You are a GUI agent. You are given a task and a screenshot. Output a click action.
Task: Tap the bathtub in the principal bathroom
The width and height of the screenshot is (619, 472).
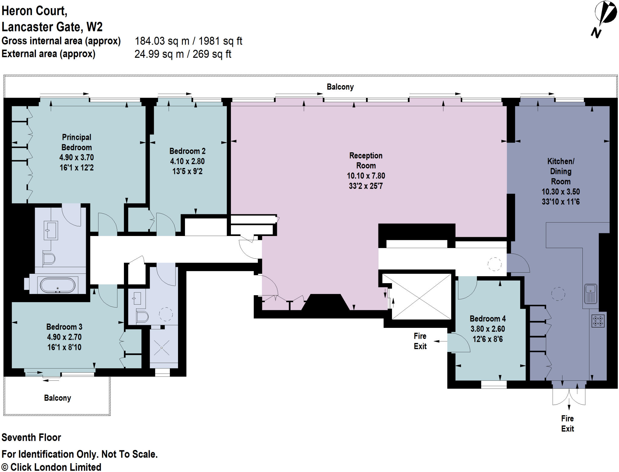point(58,285)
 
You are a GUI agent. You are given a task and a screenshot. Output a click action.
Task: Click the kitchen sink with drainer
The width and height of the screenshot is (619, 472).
point(590,294)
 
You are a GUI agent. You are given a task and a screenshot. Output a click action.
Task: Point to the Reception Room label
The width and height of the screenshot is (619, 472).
point(366,160)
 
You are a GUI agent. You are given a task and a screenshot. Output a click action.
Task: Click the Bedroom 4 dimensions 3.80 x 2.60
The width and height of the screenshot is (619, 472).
point(488,329)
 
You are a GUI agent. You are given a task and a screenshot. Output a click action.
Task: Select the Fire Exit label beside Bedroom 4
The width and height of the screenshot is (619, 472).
point(420,341)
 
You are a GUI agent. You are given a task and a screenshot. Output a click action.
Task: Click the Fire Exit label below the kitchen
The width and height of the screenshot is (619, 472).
point(567,423)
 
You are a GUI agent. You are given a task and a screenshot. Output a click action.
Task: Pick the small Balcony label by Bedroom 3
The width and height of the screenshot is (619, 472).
point(57,398)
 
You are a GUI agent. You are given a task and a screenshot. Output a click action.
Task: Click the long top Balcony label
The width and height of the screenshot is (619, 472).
point(340,87)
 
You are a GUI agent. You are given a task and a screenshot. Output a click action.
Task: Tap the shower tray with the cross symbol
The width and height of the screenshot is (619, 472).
point(162,348)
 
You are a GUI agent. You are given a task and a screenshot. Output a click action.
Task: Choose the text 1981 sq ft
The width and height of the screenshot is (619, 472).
point(220,41)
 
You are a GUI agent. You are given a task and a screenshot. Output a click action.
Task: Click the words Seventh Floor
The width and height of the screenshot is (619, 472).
point(31,437)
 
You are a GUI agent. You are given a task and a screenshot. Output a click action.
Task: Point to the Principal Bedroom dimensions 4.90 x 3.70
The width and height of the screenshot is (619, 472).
point(76,157)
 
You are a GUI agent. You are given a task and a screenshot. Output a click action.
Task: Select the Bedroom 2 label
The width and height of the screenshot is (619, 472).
point(187,151)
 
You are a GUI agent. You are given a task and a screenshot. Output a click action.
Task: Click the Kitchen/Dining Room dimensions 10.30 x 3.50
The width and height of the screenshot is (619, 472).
point(560,192)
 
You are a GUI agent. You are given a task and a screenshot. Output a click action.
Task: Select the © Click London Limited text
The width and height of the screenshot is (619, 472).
point(51,467)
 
